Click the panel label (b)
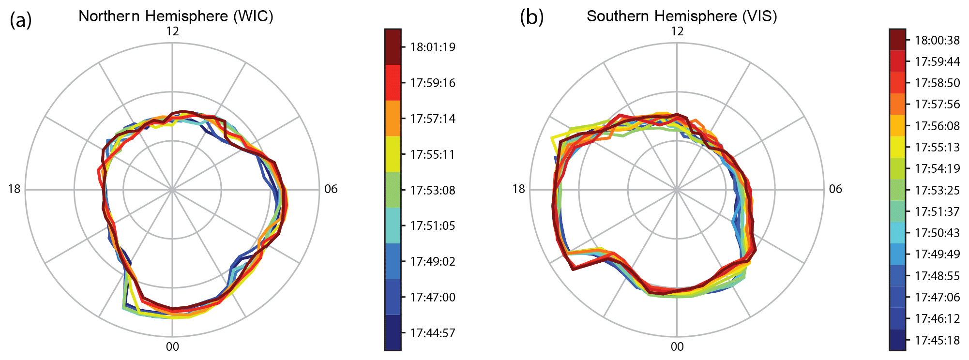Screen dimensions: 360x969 pyautogui.click(x=531, y=17)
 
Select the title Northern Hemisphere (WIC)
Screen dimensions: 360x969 pyautogui.click(x=176, y=16)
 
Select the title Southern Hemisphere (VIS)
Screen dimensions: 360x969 pyautogui.click(x=681, y=16)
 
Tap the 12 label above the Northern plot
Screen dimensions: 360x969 pyautogui.click(x=172, y=31)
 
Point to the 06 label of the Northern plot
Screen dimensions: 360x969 pyautogui.click(x=331, y=189)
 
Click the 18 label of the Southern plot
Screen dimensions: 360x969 pyautogui.click(x=518, y=189)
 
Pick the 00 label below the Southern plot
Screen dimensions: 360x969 pyautogui.click(x=677, y=346)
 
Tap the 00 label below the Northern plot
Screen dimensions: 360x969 pyautogui.click(x=172, y=346)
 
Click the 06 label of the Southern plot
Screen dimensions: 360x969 pyautogui.click(x=835, y=189)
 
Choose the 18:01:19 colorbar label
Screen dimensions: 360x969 pyautogui.click(x=433, y=47)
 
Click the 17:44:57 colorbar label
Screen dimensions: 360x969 pyautogui.click(x=433, y=333)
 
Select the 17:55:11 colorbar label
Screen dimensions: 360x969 pyautogui.click(x=433, y=154)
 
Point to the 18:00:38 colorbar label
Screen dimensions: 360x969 pyautogui.click(x=937, y=40)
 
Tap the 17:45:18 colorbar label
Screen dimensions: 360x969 pyautogui.click(x=937, y=340)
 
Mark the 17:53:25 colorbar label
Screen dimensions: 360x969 pyautogui.click(x=937, y=190)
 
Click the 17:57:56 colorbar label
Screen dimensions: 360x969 pyautogui.click(x=937, y=104)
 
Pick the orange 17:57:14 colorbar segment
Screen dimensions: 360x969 pyautogui.click(x=393, y=118)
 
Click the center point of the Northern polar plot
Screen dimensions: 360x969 pyautogui.click(x=172, y=190)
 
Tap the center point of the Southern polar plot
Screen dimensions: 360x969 pyautogui.click(x=677, y=190)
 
